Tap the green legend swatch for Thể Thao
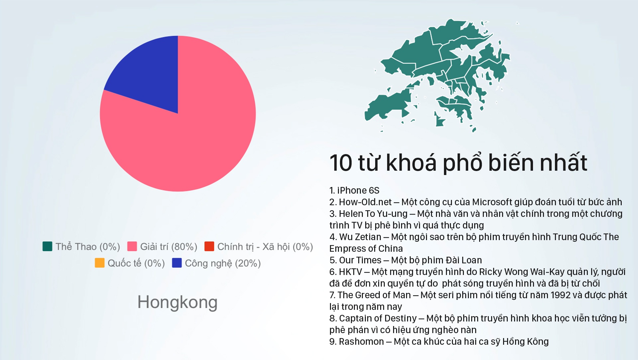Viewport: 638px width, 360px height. coord(48,246)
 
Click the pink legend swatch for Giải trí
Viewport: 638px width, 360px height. coord(132,246)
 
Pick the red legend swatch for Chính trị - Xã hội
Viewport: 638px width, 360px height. coord(209,246)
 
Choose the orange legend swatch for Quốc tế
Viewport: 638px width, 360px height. coord(100,263)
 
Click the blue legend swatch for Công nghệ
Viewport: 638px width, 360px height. coord(177,263)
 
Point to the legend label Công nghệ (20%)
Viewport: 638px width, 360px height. coord(223,263)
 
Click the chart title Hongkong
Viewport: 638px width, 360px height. coord(177,303)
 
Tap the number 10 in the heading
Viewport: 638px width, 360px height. coord(341,163)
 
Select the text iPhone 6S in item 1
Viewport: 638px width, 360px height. coord(358,191)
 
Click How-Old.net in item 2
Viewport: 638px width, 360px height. coord(365,202)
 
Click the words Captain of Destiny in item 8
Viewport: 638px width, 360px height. coord(378,318)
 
